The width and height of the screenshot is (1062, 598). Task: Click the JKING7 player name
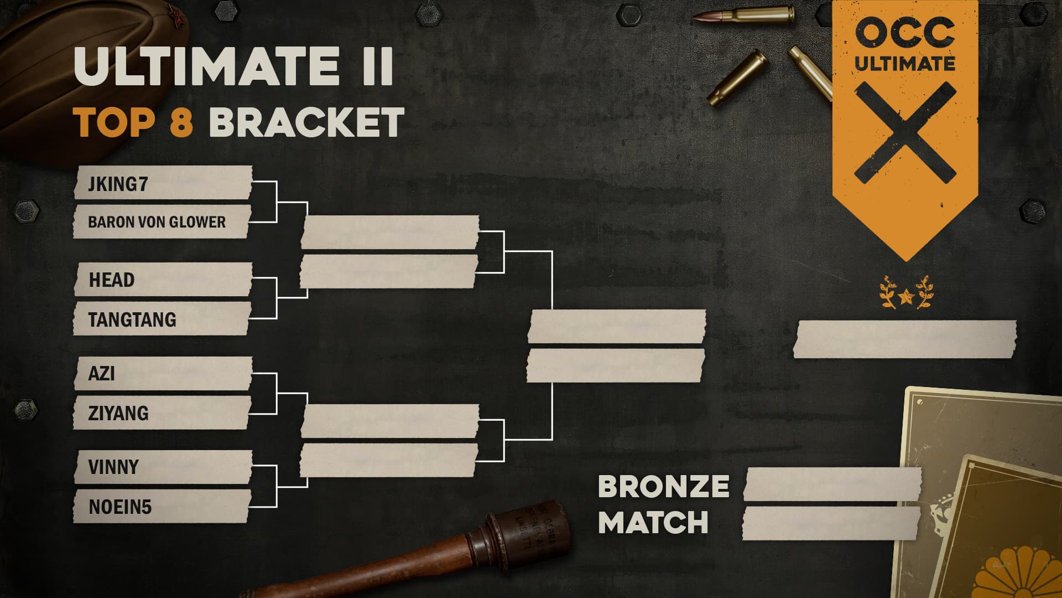tap(118, 184)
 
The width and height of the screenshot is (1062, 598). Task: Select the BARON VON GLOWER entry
tap(157, 222)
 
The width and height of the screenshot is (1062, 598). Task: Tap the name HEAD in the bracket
tap(112, 280)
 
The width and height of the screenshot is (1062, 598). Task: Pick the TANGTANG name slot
tap(132, 319)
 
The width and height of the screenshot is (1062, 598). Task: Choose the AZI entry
tap(102, 373)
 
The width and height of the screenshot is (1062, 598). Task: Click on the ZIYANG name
tap(118, 413)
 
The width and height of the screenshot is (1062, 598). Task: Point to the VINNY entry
tap(113, 467)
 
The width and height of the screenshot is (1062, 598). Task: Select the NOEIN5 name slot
tap(120, 507)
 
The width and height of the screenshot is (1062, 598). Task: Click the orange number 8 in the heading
tap(181, 122)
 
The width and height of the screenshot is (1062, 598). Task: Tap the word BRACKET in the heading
tap(307, 122)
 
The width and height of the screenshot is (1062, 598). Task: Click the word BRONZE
tap(663, 487)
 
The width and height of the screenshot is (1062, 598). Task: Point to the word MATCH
tap(653, 522)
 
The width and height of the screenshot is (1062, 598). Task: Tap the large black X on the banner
tap(905, 133)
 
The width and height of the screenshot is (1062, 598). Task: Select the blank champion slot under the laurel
tap(905, 339)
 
